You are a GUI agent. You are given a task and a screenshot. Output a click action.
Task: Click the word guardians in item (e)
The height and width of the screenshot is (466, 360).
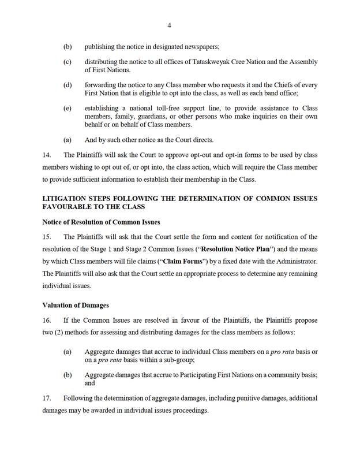(149, 117)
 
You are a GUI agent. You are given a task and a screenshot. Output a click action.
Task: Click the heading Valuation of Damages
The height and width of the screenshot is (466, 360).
(76, 305)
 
